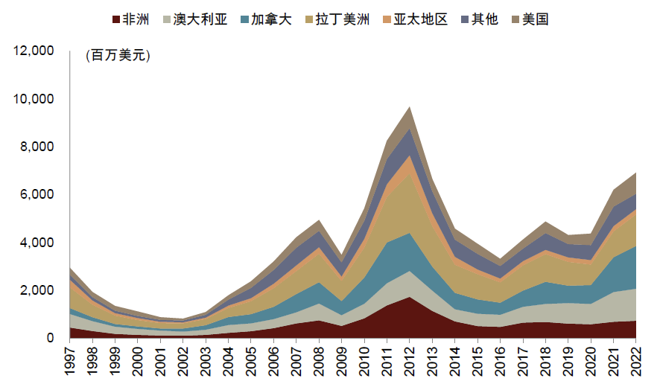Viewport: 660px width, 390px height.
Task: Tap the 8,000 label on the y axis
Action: [38, 147]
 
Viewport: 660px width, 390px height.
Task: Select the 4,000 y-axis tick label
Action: [38, 243]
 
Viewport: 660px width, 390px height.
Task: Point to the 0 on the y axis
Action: [51, 338]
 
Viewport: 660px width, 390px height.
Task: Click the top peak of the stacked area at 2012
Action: [409, 107]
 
